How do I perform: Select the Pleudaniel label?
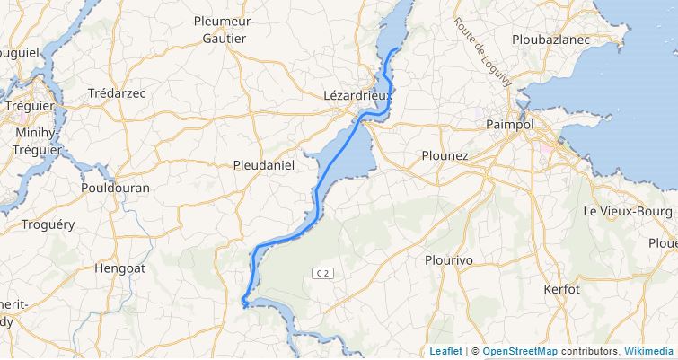[264, 165]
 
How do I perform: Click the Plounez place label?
[445, 155]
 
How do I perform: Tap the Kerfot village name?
[562, 289]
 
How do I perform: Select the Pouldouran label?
[115, 189]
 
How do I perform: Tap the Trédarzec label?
[117, 93]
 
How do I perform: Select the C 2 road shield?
[323, 272]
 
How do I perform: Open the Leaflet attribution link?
[445, 351]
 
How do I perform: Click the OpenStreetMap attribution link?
[519, 351]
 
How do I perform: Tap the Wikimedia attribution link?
[649, 351]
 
